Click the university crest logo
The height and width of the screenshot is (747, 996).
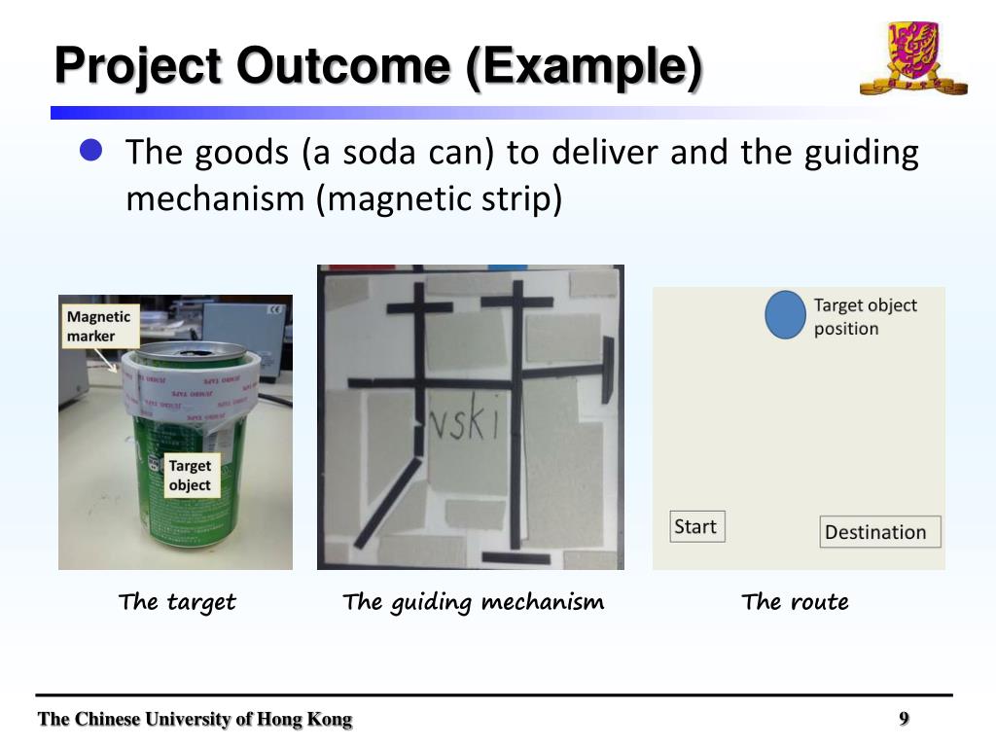(912, 58)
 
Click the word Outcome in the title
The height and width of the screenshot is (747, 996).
(346, 66)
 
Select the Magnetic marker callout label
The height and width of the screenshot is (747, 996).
(97, 326)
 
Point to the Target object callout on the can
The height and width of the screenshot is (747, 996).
(190, 476)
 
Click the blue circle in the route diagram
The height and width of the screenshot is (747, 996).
(785, 315)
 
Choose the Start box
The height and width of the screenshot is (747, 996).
(697, 526)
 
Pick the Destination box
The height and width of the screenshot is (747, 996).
(879, 531)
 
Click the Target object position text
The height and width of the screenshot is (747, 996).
(865, 316)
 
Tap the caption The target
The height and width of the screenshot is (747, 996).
(177, 602)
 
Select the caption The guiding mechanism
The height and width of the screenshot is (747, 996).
(473, 602)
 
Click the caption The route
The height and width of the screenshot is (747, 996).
(795, 602)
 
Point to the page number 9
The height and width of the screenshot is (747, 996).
(904, 719)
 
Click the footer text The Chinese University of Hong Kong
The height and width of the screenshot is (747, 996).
(195, 720)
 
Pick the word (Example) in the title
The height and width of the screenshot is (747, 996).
(583, 66)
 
